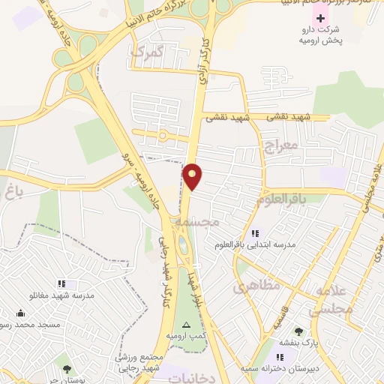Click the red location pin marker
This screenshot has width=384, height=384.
pos(193,175)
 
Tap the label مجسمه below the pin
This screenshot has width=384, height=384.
pos(197,223)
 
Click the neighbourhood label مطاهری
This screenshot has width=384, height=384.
pos(255,285)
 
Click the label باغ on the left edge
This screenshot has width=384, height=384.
pos(15,193)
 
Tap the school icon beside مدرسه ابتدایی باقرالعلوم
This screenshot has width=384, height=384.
pos(255,233)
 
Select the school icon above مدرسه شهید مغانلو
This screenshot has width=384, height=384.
pos(61,283)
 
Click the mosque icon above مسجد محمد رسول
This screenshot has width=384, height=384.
pos(20,314)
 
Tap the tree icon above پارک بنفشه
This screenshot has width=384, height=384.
pos(298,331)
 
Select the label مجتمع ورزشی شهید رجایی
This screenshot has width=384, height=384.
pos(140,363)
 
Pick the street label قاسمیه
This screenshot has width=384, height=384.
pos(280,322)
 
